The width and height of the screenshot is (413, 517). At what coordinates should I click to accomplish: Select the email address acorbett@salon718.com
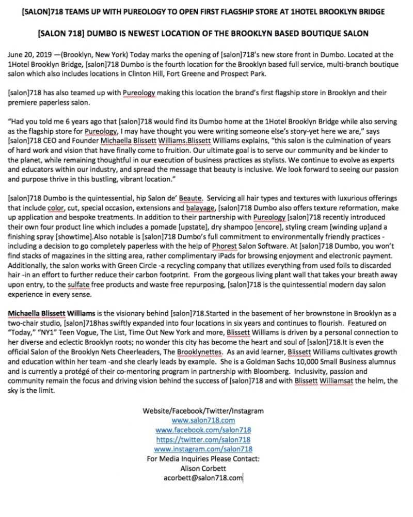click(x=203, y=478)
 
